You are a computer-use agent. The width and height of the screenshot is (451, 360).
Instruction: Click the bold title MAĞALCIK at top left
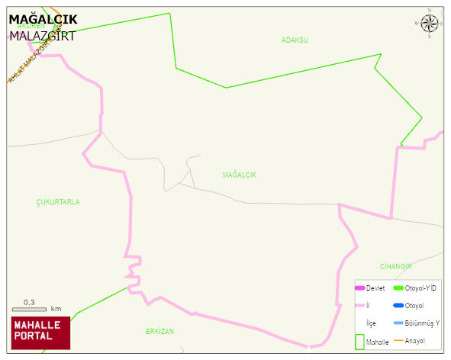(x=43, y=19)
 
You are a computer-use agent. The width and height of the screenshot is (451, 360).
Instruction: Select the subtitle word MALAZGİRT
(x=42, y=35)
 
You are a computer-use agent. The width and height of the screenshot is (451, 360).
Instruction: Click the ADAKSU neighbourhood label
(x=295, y=40)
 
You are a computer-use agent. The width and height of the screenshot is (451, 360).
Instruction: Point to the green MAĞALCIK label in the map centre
(x=240, y=175)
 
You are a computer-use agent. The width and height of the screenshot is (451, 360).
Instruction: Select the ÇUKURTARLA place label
(x=58, y=202)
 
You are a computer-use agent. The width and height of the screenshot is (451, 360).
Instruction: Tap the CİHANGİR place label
(x=396, y=266)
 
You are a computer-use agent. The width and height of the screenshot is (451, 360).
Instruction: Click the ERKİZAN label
(x=160, y=332)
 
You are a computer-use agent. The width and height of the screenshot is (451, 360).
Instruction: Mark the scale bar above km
(x=29, y=309)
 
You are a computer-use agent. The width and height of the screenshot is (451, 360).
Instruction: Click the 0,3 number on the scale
(x=30, y=302)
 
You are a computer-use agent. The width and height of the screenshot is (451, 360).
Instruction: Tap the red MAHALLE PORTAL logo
(x=40, y=333)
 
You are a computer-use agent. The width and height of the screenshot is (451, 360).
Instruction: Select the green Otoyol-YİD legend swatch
(x=398, y=288)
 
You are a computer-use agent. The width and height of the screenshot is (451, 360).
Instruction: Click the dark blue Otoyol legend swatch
(x=398, y=305)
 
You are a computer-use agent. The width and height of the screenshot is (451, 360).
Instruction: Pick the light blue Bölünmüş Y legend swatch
(x=398, y=323)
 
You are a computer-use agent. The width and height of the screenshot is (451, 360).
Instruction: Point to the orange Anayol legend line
(x=398, y=340)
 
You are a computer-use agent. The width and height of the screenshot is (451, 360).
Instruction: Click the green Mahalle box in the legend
(x=359, y=342)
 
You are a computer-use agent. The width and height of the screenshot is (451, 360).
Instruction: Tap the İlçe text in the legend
(x=371, y=323)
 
